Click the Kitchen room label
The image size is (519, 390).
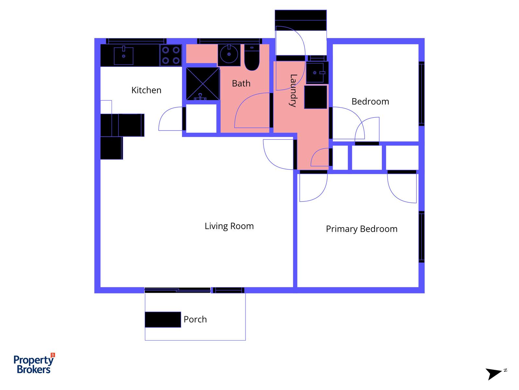coord(146,90)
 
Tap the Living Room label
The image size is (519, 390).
coord(229,226)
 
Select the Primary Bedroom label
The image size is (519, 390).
coord(361,229)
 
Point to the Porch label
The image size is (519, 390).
coord(195,319)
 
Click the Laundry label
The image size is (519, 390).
coord(293,91)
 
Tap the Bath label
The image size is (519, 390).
coord(241,84)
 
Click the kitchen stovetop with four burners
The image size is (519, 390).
coord(171,55)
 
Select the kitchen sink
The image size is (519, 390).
coord(124,56)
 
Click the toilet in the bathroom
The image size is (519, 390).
coord(252,58)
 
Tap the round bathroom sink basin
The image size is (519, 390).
coord(229,54)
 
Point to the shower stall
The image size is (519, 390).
coord(203,84)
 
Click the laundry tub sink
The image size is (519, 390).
coord(317,72)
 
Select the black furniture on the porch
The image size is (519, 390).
coord(163,319)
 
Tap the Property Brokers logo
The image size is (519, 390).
coord(34,364)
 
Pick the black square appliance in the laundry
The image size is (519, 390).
coord(316,97)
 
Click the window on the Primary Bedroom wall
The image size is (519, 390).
coord(421,237)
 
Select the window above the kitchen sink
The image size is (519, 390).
coord(136,41)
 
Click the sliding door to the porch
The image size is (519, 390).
coord(178,290)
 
